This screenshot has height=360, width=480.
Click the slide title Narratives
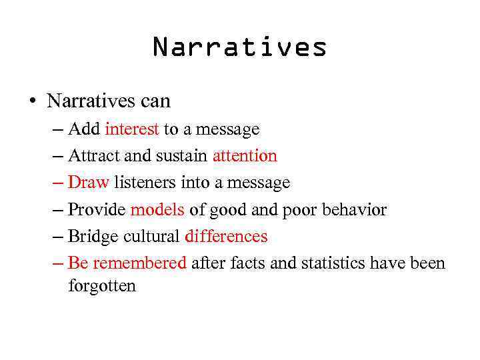pyautogui.click(x=240, y=47)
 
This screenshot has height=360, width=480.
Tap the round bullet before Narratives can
pyautogui.click(x=31, y=101)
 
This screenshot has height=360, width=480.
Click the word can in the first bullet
pyautogui.click(x=155, y=101)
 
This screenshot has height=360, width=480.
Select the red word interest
pyautogui.click(x=131, y=129)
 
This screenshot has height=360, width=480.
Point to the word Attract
pyautogui.click(x=94, y=156)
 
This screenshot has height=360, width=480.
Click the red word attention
pyautogui.click(x=245, y=156)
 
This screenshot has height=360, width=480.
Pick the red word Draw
pyautogui.click(x=88, y=183)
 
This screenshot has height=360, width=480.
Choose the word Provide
pyautogui.click(x=97, y=210)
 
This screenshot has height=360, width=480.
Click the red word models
pyautogui.click(x=157, y=210)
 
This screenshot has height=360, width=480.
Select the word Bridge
pyautogui.click(x=93, y=237)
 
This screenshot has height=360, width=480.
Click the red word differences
pyautogui.click(x=226, y=237)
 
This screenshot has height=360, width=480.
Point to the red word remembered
pyautogui.click(x=139, y=263)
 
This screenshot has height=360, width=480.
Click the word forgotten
pyautogui.click(x=102, y=287)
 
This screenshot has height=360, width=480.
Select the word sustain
pyautogui.click(x=181, y=156)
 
